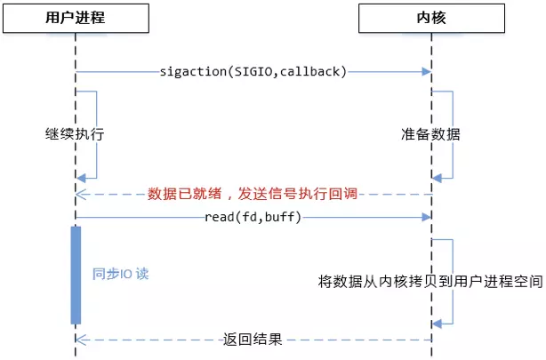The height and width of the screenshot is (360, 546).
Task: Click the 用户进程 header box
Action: (76, 18)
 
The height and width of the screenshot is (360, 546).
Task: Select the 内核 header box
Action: (432, 18)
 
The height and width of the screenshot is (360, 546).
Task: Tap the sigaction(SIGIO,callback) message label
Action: (253, 72)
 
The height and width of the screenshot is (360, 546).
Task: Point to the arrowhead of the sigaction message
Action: (427, 72)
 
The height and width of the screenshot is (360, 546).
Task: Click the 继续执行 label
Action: (75, 134)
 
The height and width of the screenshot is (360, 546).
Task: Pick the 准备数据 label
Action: (430, 134)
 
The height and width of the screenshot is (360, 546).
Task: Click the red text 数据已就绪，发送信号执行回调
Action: (253, 194)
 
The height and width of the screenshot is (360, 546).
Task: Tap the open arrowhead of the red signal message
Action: (81, 195)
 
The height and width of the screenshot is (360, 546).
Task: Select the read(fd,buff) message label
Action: (253, 217)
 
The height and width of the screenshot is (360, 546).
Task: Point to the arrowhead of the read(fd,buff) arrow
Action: (427, 217)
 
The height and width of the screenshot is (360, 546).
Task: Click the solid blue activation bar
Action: (76, 276)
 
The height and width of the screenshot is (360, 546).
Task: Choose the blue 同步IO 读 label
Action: (120, 274)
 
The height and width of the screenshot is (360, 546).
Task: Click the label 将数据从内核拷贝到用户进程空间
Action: (430, 281)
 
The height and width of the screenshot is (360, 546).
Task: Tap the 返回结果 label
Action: (253, 339)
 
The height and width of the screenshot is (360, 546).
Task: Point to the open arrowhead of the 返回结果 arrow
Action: (81, 340)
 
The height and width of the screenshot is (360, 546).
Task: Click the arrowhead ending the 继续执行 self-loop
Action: (81, 179)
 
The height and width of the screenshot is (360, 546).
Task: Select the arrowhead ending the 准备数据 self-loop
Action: (437, 179)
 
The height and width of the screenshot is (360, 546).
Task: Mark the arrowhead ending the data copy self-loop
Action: (437, 324)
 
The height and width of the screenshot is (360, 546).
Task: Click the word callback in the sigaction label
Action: (309, 72)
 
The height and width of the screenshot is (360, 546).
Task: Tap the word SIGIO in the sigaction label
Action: (253, 72)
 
